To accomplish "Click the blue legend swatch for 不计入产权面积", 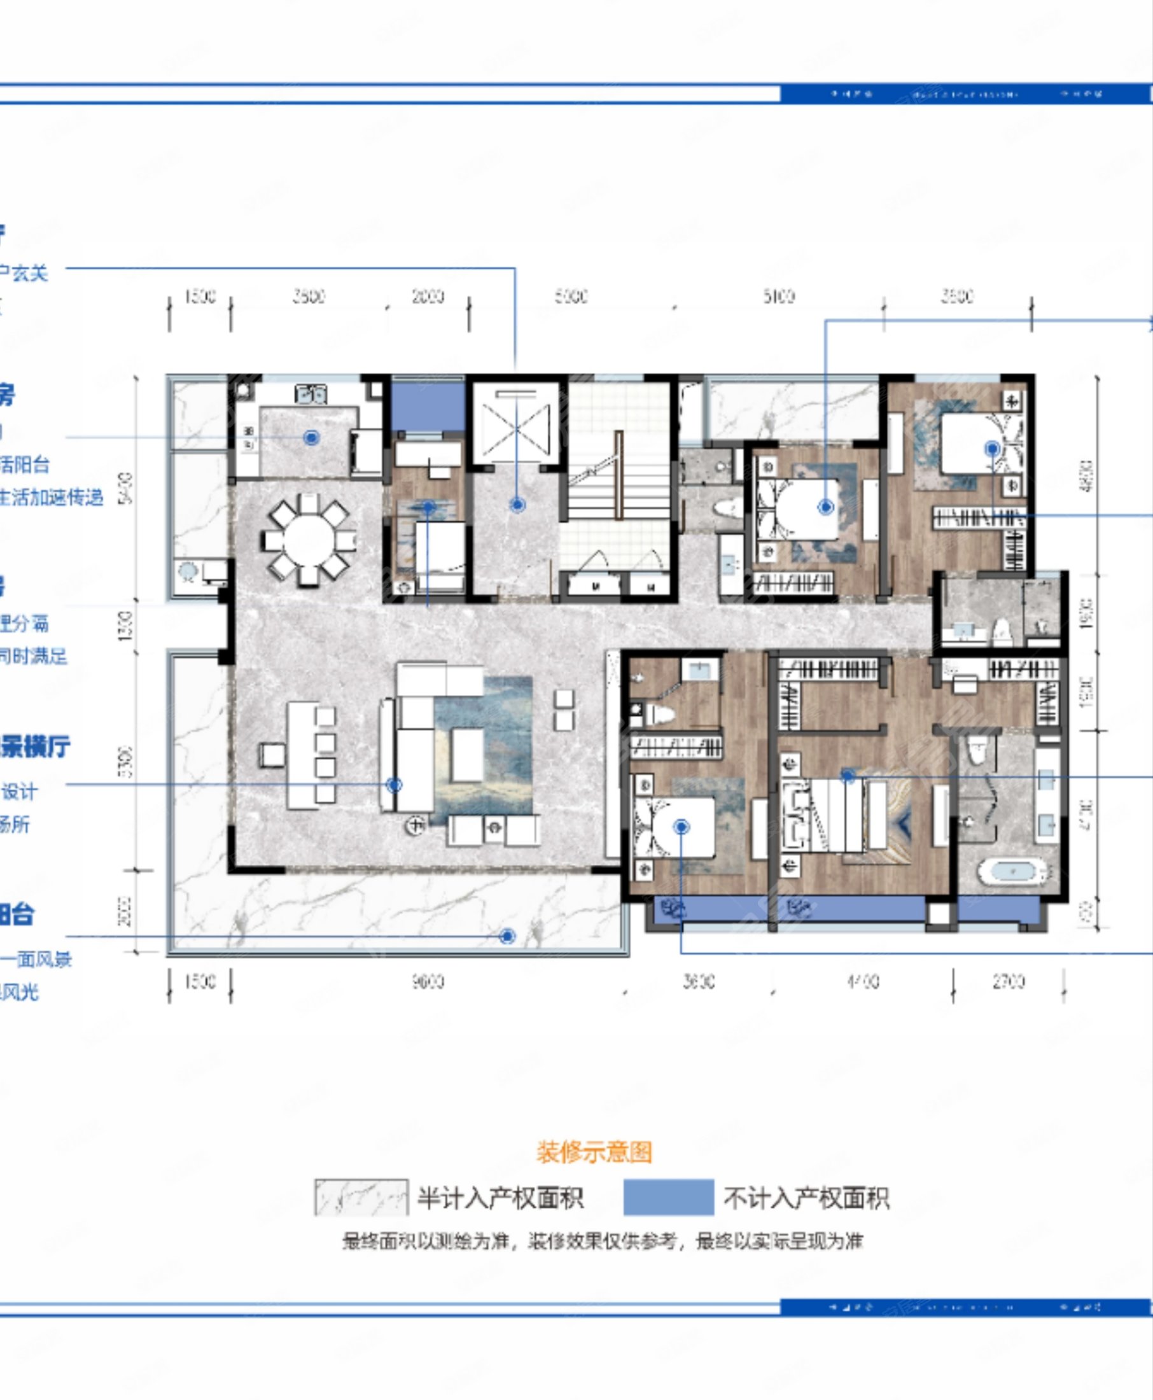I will [x=668, y=1198].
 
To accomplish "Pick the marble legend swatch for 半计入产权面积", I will [x=361, y=1198].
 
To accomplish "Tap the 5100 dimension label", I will [x=778, y=296].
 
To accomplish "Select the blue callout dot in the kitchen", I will [x=312, y=438].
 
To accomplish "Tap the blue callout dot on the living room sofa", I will [x=394, y=785].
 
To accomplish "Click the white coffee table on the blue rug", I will [x=468, y=755].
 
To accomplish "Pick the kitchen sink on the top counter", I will [x=310, y=395].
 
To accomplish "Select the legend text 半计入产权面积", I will [x=500, y=1198].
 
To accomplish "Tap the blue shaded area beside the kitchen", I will [x=427, y=407].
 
